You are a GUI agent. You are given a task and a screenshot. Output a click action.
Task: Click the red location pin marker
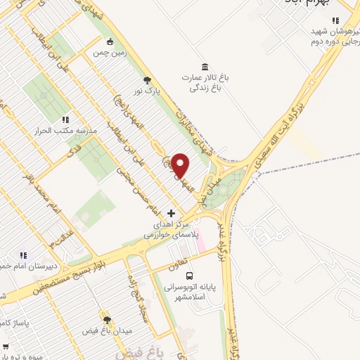coord(181,166)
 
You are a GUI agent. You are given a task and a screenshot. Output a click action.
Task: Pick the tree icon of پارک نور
coord(147,80)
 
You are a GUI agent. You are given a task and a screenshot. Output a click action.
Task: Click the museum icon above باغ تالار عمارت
coord(205,66)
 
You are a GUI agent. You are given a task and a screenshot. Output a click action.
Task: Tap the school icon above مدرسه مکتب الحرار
coord(65,120)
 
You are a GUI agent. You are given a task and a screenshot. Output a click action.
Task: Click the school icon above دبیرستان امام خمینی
coord(23,256)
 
